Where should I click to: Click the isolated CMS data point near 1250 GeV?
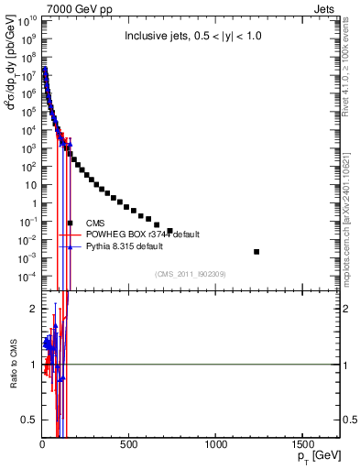tap(256, 252)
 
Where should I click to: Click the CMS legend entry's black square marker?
tap(70, 223)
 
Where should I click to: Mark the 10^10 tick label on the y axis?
tap(27, 19)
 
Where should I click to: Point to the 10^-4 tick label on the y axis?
tap(27, 277)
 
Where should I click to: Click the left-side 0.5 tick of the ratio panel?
tap(30, 420)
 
